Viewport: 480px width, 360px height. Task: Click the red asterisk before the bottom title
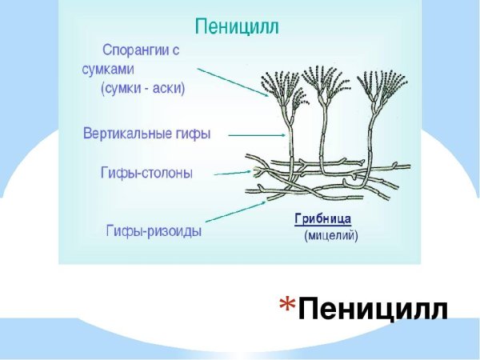(288, 304)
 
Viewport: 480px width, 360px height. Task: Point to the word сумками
(114, 70)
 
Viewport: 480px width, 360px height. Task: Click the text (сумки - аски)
(143, 89)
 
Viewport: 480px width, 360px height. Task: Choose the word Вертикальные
(130, 134)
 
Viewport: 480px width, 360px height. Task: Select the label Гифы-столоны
(146, 173)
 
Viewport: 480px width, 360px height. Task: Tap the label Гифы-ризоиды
(154, 231)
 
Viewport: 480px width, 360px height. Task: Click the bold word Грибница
(323, 218)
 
